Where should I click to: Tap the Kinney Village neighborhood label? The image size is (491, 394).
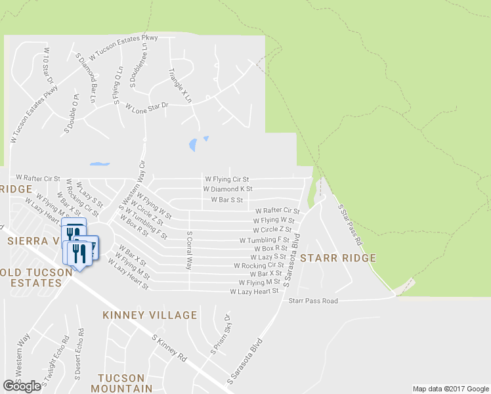click(150, 315)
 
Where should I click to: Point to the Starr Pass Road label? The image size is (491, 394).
click(313, 301)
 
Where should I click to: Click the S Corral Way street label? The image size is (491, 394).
click(189, 250)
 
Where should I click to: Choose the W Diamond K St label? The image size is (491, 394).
click(227, 189)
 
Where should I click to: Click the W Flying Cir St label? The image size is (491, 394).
click(227, 179)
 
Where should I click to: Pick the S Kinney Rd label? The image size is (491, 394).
click(169, 348)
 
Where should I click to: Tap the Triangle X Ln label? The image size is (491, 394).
click(180, 85)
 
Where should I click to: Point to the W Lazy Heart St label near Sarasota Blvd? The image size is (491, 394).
click(254, 291)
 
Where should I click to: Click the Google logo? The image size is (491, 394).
click(22, 386)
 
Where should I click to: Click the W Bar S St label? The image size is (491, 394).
click(226, 200)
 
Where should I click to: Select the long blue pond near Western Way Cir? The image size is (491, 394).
click(99, 164)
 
